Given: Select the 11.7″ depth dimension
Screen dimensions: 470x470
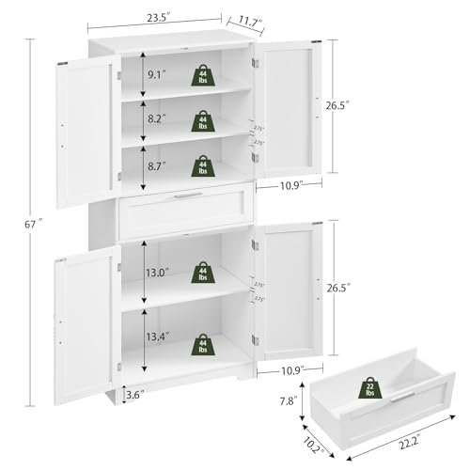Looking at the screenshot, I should pos(249,19).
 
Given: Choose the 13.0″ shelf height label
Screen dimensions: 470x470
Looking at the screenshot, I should pos(161,272).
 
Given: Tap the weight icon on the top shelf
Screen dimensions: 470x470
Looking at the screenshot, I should pos(202,74).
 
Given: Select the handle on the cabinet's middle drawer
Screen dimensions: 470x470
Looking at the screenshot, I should pos(188,196).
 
